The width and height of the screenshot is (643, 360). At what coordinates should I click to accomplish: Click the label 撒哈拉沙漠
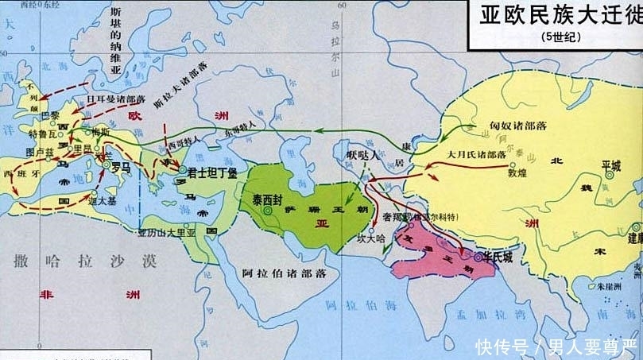pyautogui.click(x=81, y=261)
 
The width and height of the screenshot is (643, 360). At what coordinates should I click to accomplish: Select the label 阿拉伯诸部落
pyautogui.click(x=284, y=273)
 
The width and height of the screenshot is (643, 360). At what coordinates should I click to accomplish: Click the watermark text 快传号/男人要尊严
pyautogui.click(x=556, y=346)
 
